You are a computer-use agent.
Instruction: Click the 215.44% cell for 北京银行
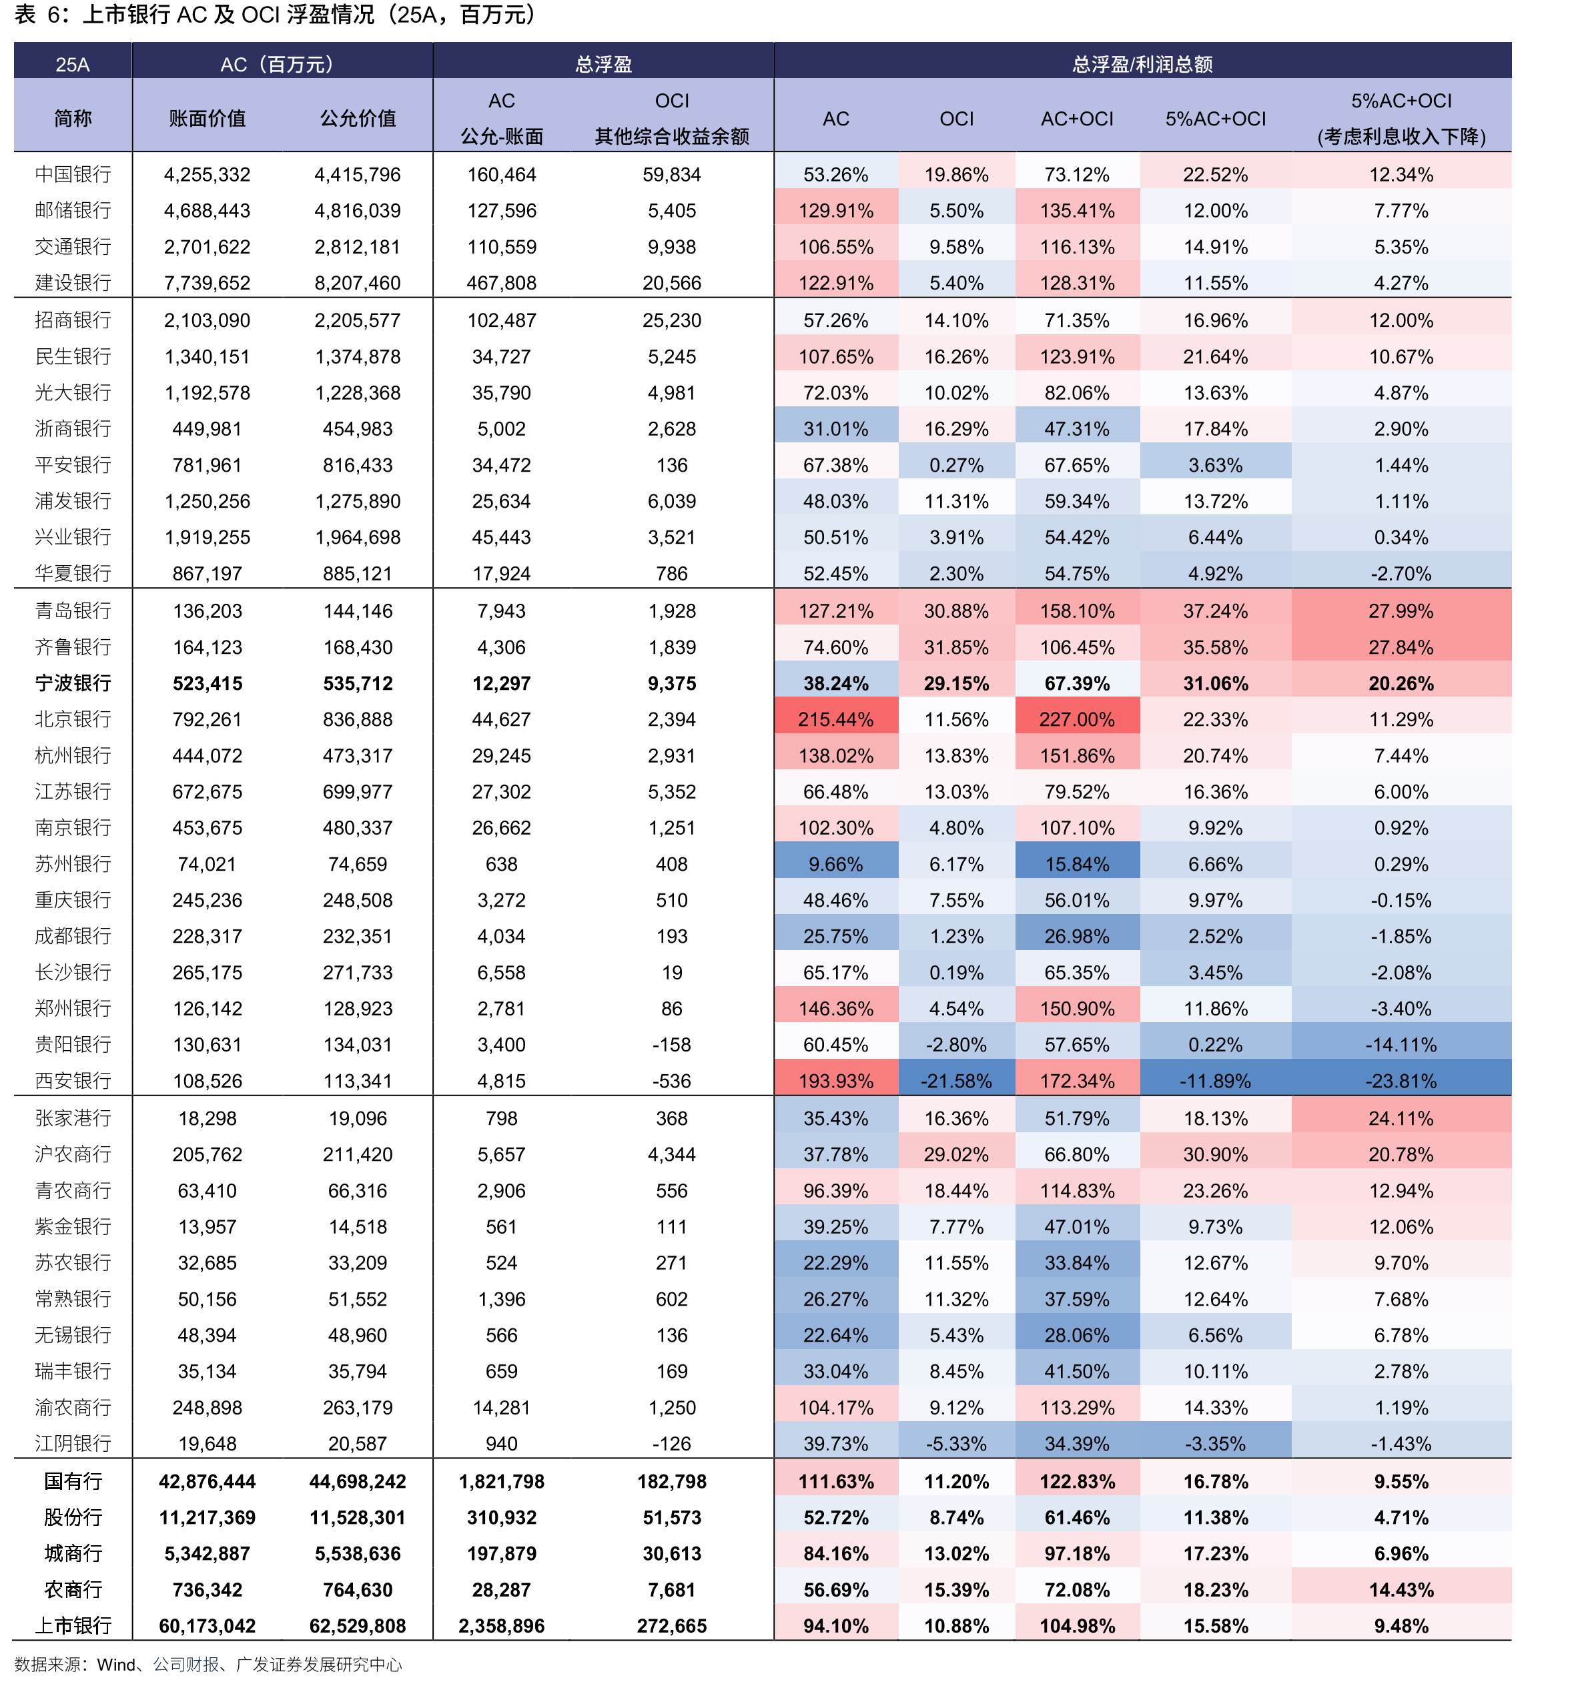point(835,719)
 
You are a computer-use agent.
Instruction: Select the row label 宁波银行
point(73,683)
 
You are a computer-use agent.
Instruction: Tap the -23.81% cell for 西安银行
point(1401,1081)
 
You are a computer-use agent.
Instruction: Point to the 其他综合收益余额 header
point(672,136)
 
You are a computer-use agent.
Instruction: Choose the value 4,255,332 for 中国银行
point(207,175)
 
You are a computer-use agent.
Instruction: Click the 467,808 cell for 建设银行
point(502,283)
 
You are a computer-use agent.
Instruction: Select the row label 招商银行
point(73,320)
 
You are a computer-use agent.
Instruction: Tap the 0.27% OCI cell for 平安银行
point(957,465)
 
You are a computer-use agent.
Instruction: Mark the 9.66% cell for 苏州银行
point(835,864)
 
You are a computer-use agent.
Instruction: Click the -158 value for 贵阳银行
point(672,1044)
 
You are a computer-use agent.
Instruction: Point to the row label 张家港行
point(73,1118)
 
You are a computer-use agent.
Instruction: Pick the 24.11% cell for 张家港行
point(1401,1118)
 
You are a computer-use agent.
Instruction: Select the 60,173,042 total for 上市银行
point(207,1625)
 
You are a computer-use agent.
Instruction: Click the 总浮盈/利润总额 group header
point(1142,64)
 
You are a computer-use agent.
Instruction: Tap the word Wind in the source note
point(116,1665)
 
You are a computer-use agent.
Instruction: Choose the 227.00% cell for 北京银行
point(1077,719)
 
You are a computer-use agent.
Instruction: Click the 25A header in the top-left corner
point(73,64)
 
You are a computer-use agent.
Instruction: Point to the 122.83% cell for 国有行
point(1077,1482)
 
